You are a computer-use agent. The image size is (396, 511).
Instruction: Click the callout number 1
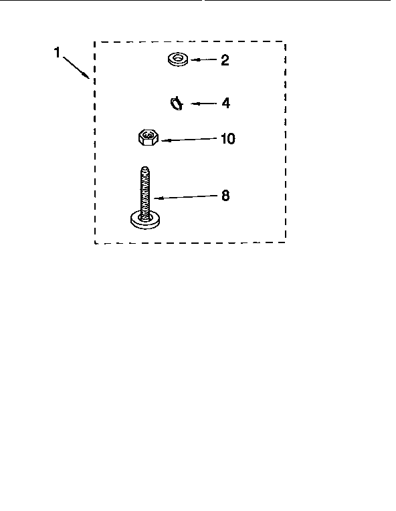(x=57, y=53)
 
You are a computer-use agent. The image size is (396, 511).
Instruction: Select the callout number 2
(x=225, y=60)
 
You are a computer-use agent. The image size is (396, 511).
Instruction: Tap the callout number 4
(x=225, y=104)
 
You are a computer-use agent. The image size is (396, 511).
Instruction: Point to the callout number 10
(x=228, y=138)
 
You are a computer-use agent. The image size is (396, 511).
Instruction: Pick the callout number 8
(x=225, y=196)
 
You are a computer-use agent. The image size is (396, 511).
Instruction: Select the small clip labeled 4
(x=177, y=104)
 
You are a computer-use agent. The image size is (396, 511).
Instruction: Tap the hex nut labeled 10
(x=148, y=137)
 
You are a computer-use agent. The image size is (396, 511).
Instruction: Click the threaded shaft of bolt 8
(x=145, y=192)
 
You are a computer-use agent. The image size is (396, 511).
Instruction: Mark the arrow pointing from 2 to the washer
(x=204, y=60)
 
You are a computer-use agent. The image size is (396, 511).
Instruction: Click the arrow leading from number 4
(x=204, y=104)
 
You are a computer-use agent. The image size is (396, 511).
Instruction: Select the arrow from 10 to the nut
(x=189, y=140)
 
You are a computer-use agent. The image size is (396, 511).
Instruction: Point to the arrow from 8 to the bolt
(x=185, y=197)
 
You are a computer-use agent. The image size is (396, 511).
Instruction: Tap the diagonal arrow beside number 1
(x=76, y=67)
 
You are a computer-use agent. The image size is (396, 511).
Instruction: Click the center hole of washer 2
(x=178, y=58)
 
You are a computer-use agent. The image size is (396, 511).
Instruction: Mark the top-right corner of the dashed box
(x=286, y=41)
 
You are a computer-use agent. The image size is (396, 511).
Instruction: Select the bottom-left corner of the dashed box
(x=95, y=242)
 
